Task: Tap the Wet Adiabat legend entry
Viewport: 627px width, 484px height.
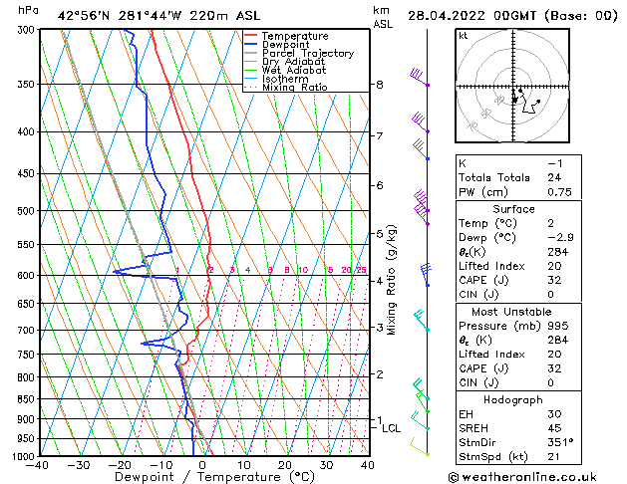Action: tap(293, 71)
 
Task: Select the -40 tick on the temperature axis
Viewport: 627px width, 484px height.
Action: tap(39, 465)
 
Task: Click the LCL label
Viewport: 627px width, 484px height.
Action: tap(392, 428)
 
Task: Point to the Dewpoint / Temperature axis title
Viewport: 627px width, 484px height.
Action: tap(202, 478)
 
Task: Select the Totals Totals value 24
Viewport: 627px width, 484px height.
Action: tap(555, 177)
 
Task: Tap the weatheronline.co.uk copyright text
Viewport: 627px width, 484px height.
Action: tap(534, 476)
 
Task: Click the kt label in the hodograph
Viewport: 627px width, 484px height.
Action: tap(464, 36)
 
